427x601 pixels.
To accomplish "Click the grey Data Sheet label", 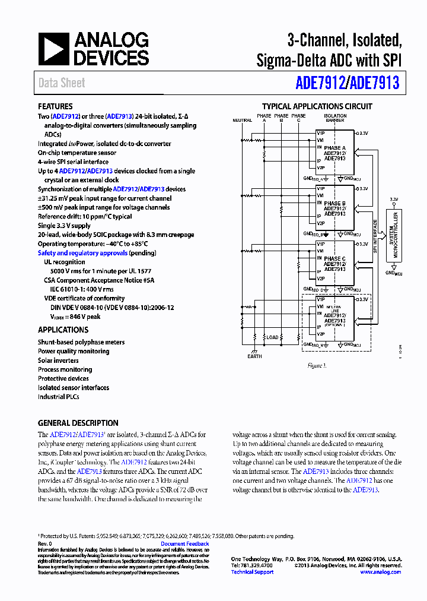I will pos(62,83).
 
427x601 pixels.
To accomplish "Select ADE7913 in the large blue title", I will pos(375,83).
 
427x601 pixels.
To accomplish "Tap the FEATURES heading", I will pos(55,107).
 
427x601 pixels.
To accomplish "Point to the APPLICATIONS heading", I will pos(63,330).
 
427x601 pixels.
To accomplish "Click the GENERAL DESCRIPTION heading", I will pos(78,423).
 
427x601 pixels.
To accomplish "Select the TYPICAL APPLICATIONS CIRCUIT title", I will pos(317,107).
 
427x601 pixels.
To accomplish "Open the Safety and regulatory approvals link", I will pos(82,253).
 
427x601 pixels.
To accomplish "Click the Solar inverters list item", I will pos(58,360).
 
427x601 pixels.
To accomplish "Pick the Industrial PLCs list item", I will pos(58,397).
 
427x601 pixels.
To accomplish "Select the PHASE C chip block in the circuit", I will pos(334,263).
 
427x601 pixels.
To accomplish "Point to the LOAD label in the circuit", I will pos(272,337).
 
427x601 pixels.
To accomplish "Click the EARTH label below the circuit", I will pos(254,356).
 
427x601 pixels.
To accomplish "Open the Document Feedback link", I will pos(184,544).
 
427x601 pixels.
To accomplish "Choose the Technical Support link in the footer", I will pos(252,572).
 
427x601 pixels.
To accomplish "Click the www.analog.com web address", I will pos(380,572).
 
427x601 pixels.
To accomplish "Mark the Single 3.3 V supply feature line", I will pos(64,226).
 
